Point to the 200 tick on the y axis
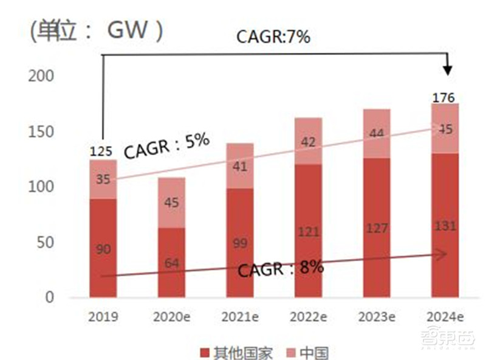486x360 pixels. pos(41,76)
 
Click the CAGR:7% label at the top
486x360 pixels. pos(273,37)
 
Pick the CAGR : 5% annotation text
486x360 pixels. pos(166,146)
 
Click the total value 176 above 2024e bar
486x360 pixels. pos(444,97)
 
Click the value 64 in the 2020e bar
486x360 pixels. pos(172,263)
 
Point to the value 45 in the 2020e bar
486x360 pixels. pos(171,202)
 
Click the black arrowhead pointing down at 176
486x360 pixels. pos(448,69)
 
